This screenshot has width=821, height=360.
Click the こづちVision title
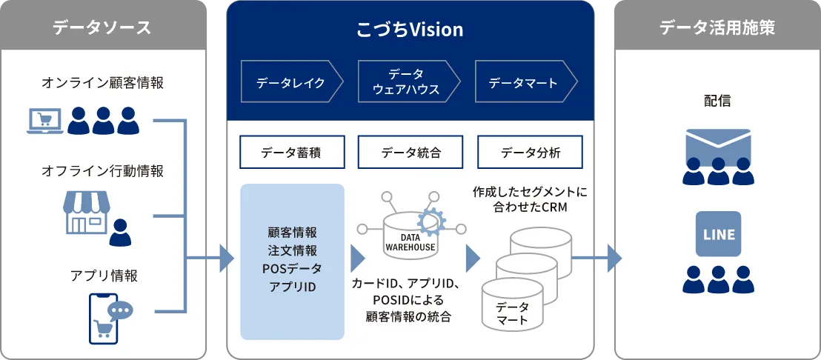[409, 30]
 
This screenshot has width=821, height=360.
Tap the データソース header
[102, 28]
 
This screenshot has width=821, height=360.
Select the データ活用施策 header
[717, 28]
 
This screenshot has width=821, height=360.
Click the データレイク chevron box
[291, 83]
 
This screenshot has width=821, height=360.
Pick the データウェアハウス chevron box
[406, 83]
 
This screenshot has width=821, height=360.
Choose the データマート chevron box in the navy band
[524, 83]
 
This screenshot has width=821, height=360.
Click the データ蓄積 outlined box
[292, 153]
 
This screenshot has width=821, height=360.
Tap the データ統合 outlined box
[410, 153]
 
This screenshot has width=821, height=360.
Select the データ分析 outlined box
[530, 153]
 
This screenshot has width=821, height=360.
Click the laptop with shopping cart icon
[44, 121]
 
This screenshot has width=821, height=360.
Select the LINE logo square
[718, 234]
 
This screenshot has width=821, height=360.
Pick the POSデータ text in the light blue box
[292, 267]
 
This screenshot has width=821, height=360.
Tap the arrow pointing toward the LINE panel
[611, 258]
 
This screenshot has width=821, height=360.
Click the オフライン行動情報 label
[102, 171]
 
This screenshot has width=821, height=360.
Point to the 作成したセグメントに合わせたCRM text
[530, 199]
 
